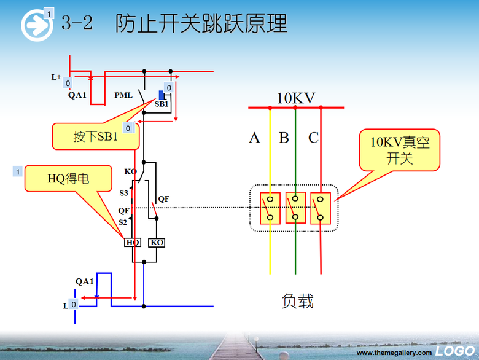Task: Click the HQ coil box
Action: pos(133,243)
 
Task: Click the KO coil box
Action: pos(157,243)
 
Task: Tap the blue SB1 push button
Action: pos(162,95)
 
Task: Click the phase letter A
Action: pos(254,138)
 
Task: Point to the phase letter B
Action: pos(284,138)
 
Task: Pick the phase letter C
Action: pos(313,138)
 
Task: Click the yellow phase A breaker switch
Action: pos(270,208)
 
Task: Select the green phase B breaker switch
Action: pos(295,208)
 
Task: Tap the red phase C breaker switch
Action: pos(321,208)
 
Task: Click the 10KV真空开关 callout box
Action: pos(400,151)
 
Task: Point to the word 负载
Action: pos(298,301)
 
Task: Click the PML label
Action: pos(124,96)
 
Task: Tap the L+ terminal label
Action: pos(56,77)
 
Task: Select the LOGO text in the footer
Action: pos(455,351)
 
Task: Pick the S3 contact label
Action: pos(123,193)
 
